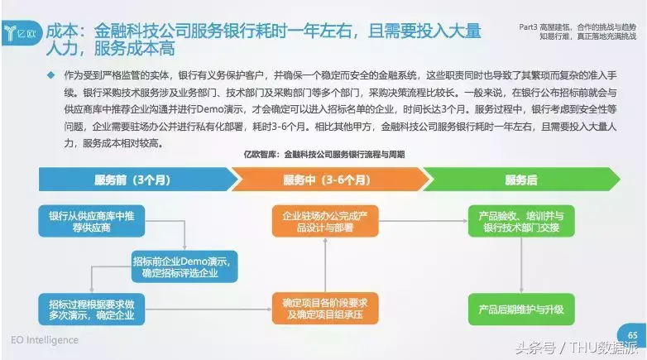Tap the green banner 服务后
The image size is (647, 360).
click(x=520, y=180)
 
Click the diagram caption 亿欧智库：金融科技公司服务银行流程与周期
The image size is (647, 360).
click(x=323, y=155)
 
